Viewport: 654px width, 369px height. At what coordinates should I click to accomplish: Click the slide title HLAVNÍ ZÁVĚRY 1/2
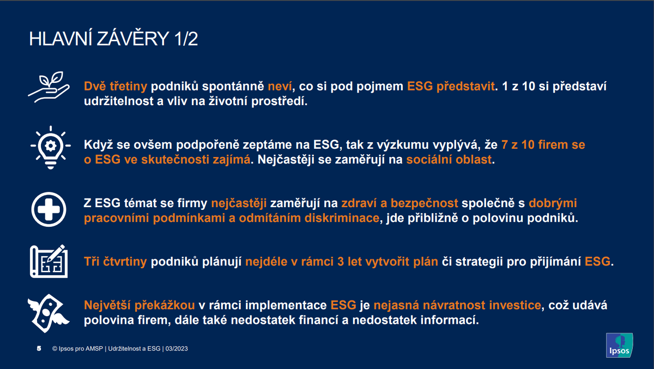pos(113,39)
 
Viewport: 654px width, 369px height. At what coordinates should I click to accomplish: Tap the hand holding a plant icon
pos(49,87)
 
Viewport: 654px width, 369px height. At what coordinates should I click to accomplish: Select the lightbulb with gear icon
pos(51,148)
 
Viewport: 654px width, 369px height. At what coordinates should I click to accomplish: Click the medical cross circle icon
pos(49,209)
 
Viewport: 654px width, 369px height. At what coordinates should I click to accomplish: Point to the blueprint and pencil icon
pos(49,261)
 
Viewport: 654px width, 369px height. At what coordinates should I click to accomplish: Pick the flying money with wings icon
pos(49,313)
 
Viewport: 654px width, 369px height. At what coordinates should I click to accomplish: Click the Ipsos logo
pos(619,346)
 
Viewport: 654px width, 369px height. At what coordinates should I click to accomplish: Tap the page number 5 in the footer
pos(39,348)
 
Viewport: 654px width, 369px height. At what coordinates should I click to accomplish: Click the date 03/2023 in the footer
pos(177,349)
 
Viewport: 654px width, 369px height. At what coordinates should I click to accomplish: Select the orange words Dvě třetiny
pos(116,86)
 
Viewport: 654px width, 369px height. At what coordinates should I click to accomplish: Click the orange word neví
pos(280,87)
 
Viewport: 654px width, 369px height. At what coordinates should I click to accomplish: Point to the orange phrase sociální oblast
pos(449,159)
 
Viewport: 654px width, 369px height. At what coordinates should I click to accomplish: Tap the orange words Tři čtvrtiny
pos(116,262)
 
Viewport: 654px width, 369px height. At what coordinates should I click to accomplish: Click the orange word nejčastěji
pos(239,203)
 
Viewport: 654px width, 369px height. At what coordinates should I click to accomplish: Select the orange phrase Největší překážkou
pos(140,305)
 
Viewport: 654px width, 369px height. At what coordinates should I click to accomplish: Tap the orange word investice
pos(516,305)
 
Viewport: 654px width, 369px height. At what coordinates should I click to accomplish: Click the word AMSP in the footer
pos(94,349)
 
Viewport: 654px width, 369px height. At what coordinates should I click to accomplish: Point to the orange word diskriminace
pos(342,218)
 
